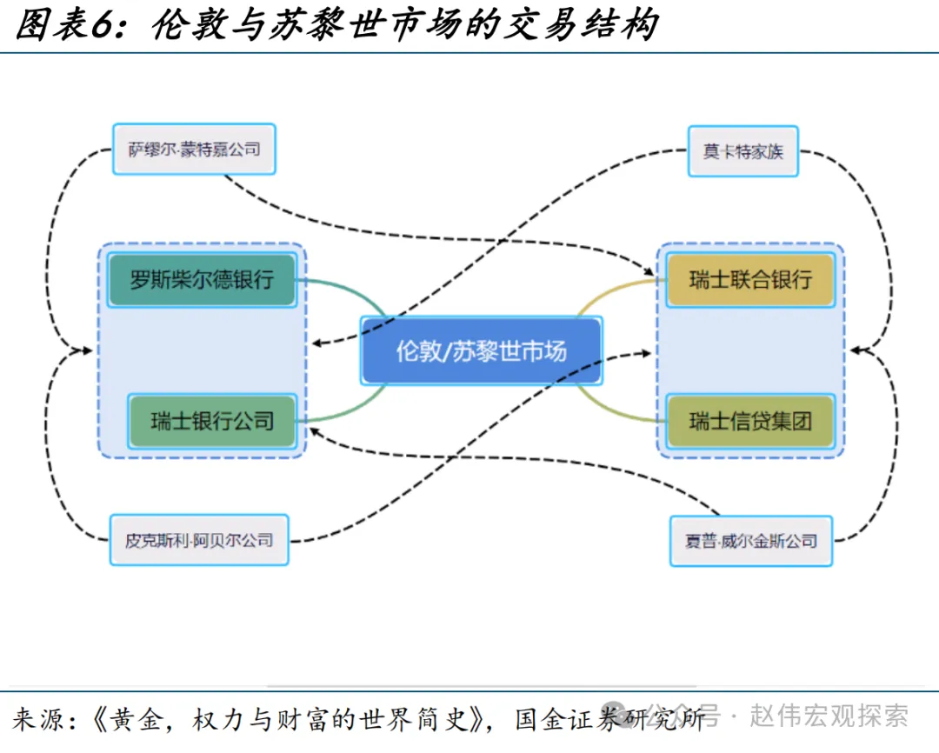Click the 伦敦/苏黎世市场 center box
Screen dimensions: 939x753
click(481, 350)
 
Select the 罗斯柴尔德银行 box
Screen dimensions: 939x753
click(202, 280)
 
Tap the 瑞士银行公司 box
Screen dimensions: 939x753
click(212, 421)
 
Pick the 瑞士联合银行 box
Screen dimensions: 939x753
click(750, 280)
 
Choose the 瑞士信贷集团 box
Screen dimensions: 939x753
click(750, 421)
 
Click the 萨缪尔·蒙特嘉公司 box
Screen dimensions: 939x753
click(194, 150)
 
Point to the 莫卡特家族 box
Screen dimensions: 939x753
click(743, 151)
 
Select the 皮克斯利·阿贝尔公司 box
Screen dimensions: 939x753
click(199, 540)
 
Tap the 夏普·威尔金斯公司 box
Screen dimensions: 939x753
click(751, 541)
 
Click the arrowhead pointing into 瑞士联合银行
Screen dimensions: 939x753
click(649, 271)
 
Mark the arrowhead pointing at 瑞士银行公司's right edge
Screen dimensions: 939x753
click(316, 432)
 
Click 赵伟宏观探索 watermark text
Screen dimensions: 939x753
click(829, 716)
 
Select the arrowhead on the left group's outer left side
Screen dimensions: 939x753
click(86, 350)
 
